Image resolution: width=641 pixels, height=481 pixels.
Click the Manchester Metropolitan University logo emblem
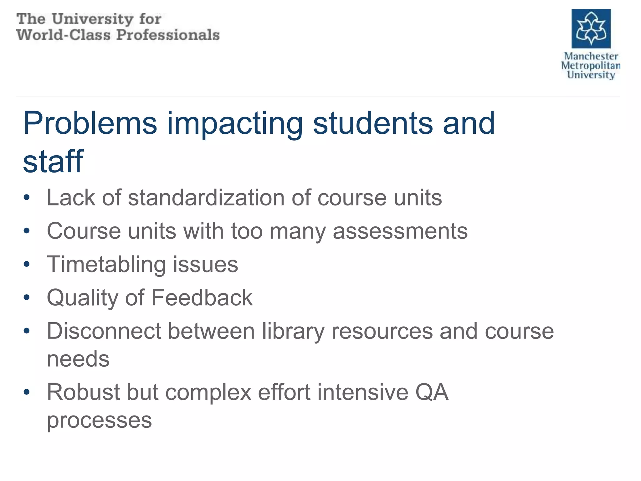pos(591,28)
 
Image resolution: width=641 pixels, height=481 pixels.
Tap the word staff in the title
pos(53,161)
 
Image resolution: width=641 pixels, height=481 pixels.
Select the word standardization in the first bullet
pos(206,198)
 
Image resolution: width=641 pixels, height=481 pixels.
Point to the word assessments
pos(400,231)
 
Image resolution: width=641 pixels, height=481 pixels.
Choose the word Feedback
pos(202,297)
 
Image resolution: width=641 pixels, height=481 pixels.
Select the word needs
pos(78,359)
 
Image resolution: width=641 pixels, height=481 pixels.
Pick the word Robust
pos(83,392)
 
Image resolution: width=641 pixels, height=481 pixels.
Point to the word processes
pos(99,420)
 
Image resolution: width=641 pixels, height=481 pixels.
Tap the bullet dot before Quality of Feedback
pos(27,297)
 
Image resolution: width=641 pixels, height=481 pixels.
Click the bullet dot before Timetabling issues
pos(27,264)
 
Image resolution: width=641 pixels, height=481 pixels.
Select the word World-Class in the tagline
pos(64,35)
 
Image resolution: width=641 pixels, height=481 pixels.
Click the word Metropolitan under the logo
pos(591,65)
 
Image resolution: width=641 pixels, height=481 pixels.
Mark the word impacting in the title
pos(235,124)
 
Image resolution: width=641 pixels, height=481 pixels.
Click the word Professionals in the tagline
pos(168,35)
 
